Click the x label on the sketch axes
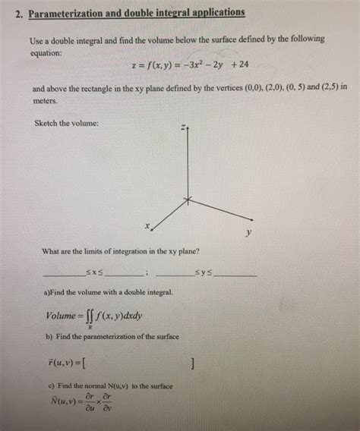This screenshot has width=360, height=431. (x=150, y=225)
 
